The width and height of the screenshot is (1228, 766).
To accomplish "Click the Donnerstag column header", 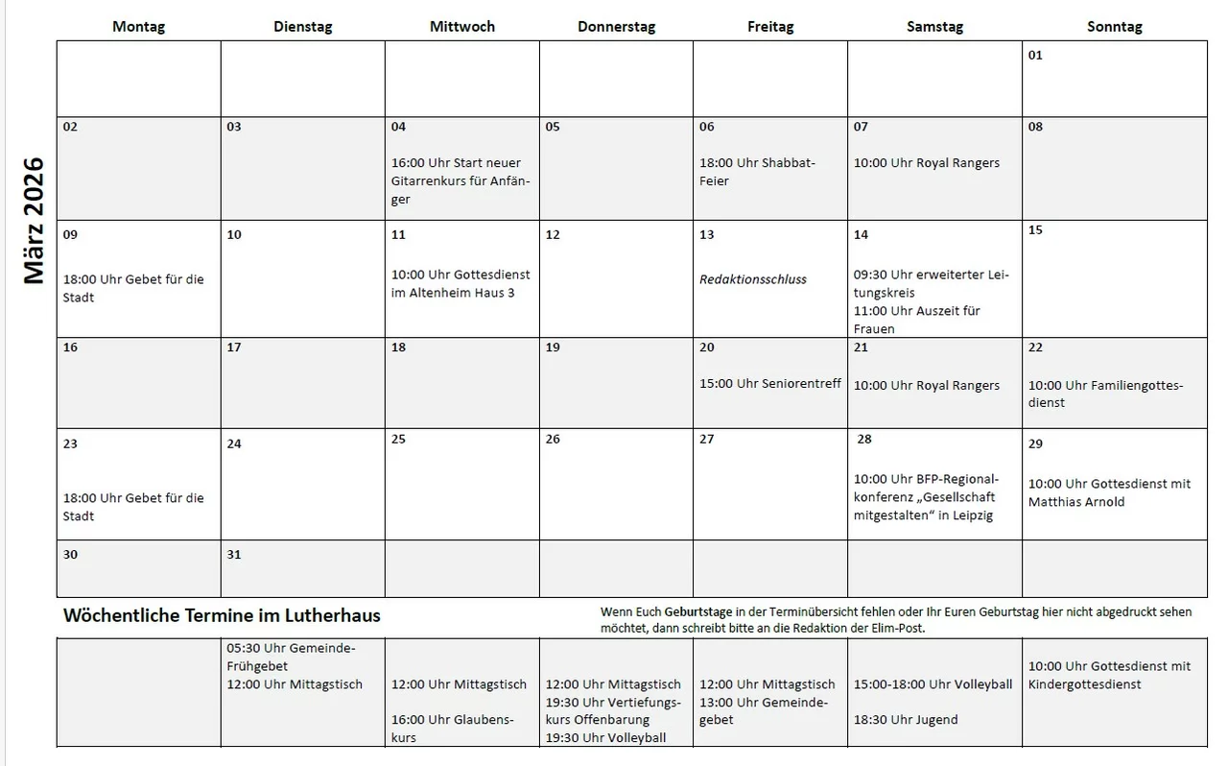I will [x=616, y=27].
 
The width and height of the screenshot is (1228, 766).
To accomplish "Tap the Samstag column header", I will [x=934, y=27].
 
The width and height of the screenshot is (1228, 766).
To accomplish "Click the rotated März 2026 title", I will [x=35, y=221].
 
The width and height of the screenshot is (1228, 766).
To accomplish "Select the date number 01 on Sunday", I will [x=1035, y=56].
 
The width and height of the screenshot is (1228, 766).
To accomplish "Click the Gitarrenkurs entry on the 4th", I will [x=460, y=181].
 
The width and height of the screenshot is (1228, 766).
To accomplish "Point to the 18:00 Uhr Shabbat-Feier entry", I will [x=757, y=172].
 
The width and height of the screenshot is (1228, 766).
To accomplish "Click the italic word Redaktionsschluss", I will [x=753, y=279].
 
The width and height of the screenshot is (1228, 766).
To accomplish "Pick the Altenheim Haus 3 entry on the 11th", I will [x=460, y=283].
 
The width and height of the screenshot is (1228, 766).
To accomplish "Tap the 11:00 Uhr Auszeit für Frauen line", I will [x=916, y=320].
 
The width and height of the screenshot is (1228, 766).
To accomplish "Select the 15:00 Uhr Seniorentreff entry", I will [x=770, y=383].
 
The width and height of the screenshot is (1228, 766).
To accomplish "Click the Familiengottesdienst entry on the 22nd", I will [x=1105, y=394].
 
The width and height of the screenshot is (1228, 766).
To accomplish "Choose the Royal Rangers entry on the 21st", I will [x=927, y=385].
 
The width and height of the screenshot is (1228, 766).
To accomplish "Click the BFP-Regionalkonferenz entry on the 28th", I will [x=926, y=497].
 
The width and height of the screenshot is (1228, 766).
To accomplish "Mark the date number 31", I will [x=234, y=555].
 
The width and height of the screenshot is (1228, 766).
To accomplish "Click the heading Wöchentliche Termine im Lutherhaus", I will [x=222, y=615].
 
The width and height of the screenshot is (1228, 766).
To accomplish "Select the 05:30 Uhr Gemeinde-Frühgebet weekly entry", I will [x=291, y=657].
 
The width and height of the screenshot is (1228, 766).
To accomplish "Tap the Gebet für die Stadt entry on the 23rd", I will [x=133, y=507].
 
